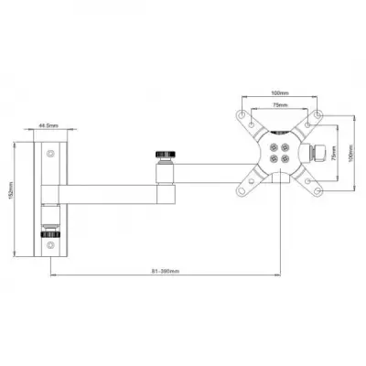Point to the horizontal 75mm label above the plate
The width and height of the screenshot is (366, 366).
click(280, 105)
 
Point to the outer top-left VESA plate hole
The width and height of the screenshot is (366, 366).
click(242, 116)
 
